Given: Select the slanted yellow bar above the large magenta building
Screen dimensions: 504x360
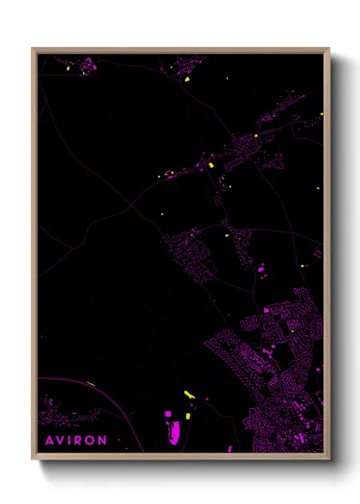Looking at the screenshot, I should point(189,394).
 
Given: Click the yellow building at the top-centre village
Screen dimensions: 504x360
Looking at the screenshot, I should point(186,79).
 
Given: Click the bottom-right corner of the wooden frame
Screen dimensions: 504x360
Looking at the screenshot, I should point(328,458).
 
